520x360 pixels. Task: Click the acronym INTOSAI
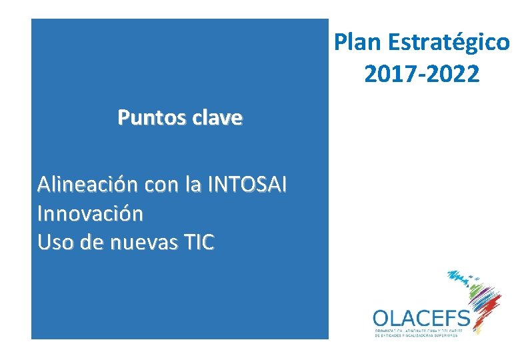tap(247, 184)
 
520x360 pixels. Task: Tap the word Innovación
tap(90, 214)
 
